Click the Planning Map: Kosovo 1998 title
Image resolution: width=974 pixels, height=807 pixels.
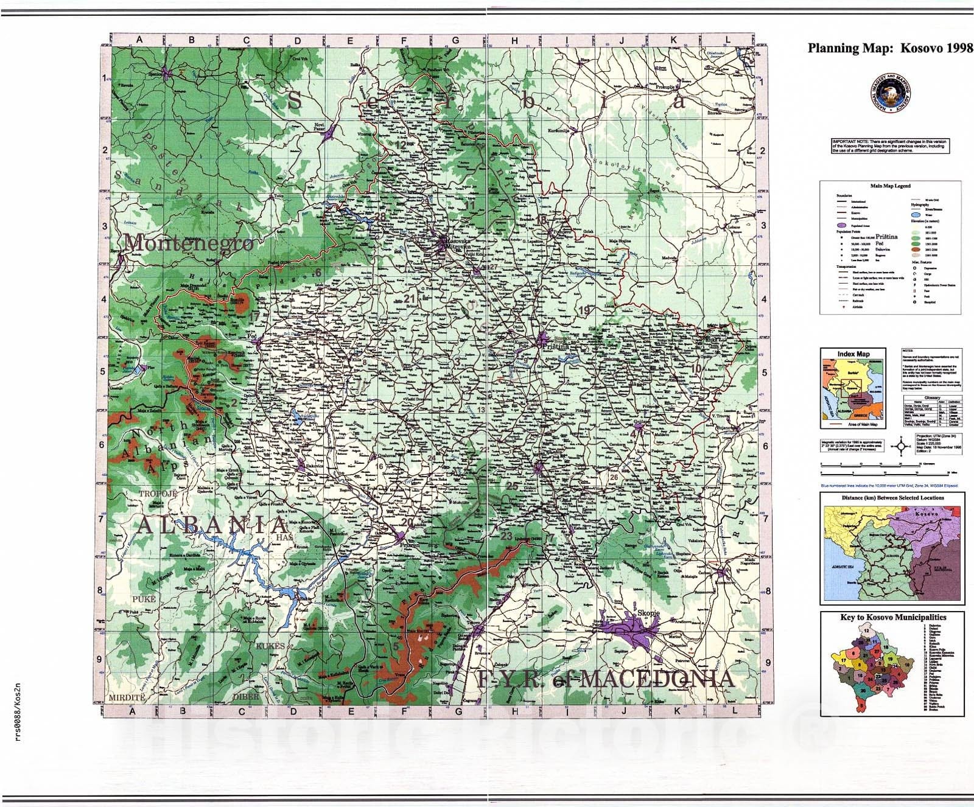(x=890, y=49)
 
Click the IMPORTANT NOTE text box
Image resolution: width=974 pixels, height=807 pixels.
(x=889, y=146)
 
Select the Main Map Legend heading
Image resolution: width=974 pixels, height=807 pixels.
(x=890, y=186)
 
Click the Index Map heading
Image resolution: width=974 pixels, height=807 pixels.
(x=853, y=354)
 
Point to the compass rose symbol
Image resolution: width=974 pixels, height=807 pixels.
(x=902, y=446)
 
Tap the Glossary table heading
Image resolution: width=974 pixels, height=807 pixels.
(x=932, y=397)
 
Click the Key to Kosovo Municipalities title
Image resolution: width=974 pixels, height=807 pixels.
(x=892, y=617)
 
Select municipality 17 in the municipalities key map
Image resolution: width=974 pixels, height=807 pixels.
(x=844, y=659)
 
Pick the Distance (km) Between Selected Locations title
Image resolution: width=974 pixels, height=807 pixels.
(x=892, y=498)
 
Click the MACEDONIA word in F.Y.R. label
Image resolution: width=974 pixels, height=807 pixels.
(x=655, y=679)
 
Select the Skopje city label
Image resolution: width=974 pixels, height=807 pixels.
(x=648, y=613)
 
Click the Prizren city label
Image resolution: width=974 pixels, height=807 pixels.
(x=408, y=546)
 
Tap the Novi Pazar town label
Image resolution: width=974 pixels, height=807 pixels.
(x=320, y=127)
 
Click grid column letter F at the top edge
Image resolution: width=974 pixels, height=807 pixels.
(x=404, y=41)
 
